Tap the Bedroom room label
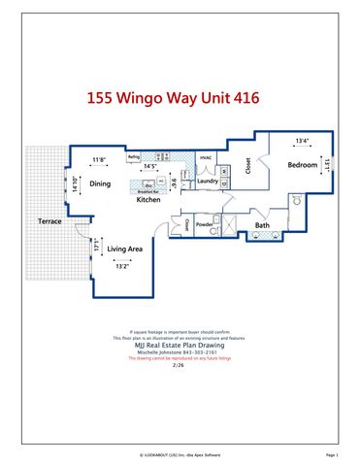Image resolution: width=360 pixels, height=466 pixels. [302, 165]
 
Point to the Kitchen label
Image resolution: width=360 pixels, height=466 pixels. [147, 199]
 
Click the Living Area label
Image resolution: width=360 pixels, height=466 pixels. [125, 249]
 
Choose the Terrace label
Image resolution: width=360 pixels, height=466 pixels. [50, 222]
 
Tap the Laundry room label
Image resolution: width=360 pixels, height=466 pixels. [207, 181]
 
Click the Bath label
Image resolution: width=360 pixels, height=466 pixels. [262, 225]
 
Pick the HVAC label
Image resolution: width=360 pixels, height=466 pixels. [206, 157]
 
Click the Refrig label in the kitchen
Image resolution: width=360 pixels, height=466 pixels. [134, 155]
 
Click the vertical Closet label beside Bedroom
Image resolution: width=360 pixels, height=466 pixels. [248, 167]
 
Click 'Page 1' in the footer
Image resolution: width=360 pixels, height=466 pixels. [331, 453]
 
